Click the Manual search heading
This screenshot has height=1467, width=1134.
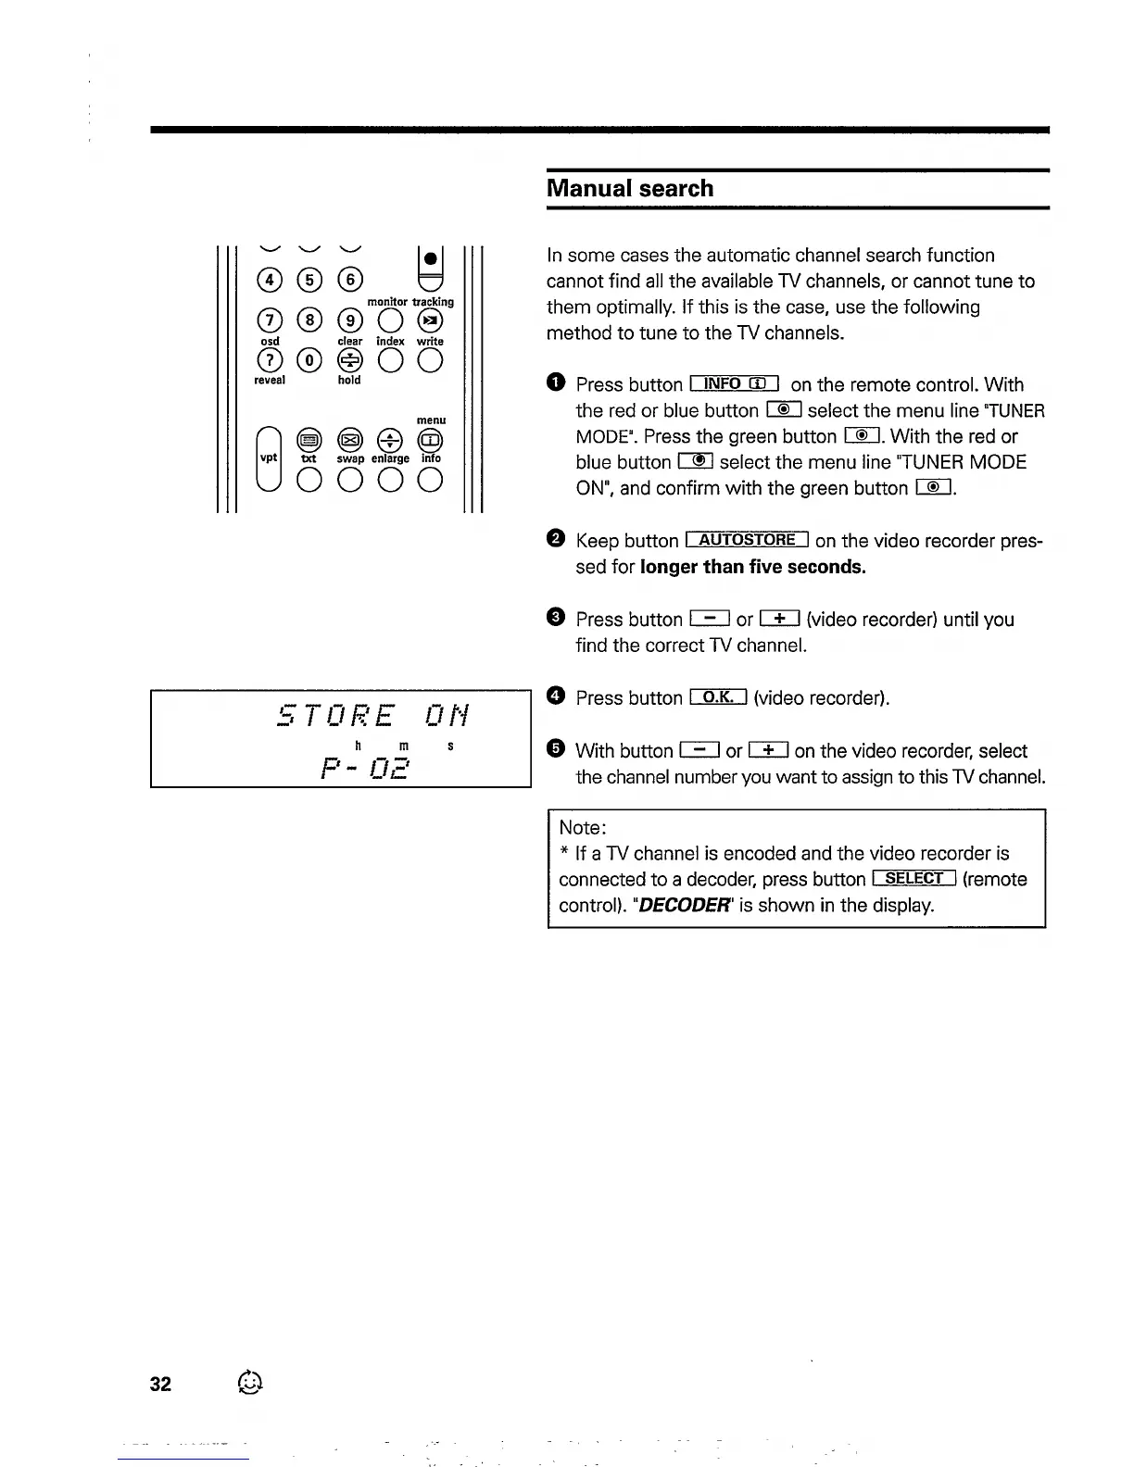coord(630,189)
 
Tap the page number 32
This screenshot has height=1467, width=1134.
coord(160,1384)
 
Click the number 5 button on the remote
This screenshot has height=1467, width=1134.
coord(309,280)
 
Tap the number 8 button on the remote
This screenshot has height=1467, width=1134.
coord(309,320)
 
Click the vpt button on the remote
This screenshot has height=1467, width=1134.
coord(269,458)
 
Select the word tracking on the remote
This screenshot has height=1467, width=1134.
coord(433,302)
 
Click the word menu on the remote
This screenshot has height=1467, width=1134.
coord(431,420)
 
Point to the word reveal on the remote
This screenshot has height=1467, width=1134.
coord(270,380)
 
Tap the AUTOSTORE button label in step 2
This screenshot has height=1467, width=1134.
coord(747,540)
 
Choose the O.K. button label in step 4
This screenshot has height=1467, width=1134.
coord(718,697)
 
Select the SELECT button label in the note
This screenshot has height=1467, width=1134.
coord(913,879)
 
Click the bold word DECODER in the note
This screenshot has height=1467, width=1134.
coord(685,905)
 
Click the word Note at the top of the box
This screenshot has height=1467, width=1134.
coord(581,827)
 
